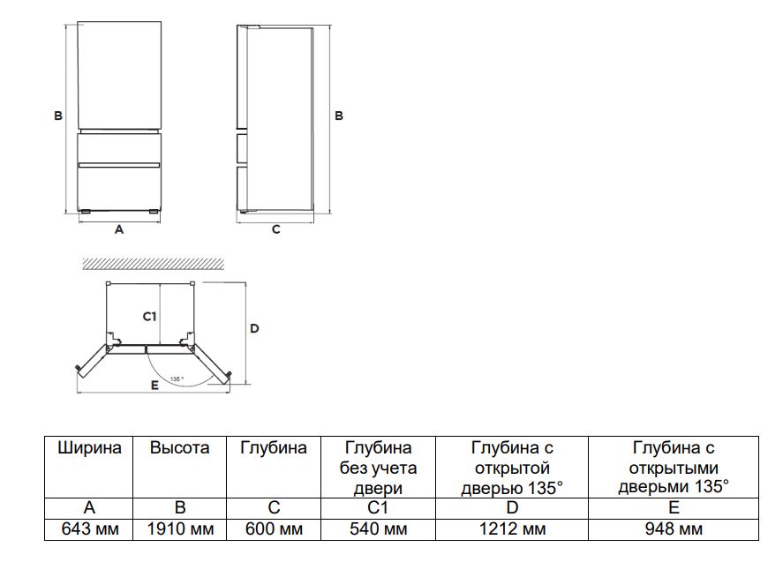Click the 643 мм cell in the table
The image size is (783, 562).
88,529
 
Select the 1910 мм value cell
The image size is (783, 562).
180,529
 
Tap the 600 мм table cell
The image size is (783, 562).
274,529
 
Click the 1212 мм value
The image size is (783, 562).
511,529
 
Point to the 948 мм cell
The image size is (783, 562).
674,529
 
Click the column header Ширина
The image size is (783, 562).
88,448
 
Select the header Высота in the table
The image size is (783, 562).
180,448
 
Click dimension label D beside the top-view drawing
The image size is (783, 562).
254,328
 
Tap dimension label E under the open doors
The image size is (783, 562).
154,386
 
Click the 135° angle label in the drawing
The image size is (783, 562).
177,379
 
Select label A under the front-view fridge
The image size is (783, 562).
119,229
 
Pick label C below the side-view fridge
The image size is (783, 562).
275,229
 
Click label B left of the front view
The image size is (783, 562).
57,116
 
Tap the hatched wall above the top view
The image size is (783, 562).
150,263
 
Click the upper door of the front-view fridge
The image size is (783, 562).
119,75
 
